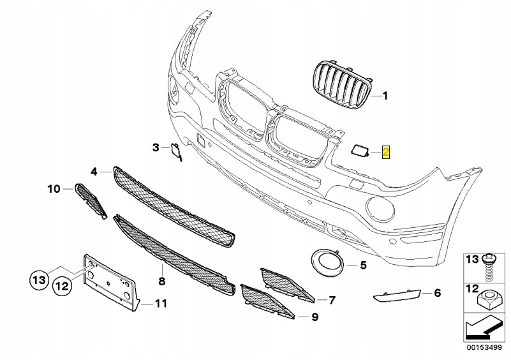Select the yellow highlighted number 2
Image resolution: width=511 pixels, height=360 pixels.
click(x=386, y=152)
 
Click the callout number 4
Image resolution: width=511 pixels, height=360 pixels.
click(x=94, y=171)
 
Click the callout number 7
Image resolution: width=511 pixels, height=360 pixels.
click(x=332, y=299)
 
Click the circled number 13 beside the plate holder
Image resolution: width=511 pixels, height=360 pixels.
click(x=40, y=279)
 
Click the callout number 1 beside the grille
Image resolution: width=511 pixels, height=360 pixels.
click(x=385, y=97)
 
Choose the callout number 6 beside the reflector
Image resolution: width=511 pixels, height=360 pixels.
click(x=437, y=294)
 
